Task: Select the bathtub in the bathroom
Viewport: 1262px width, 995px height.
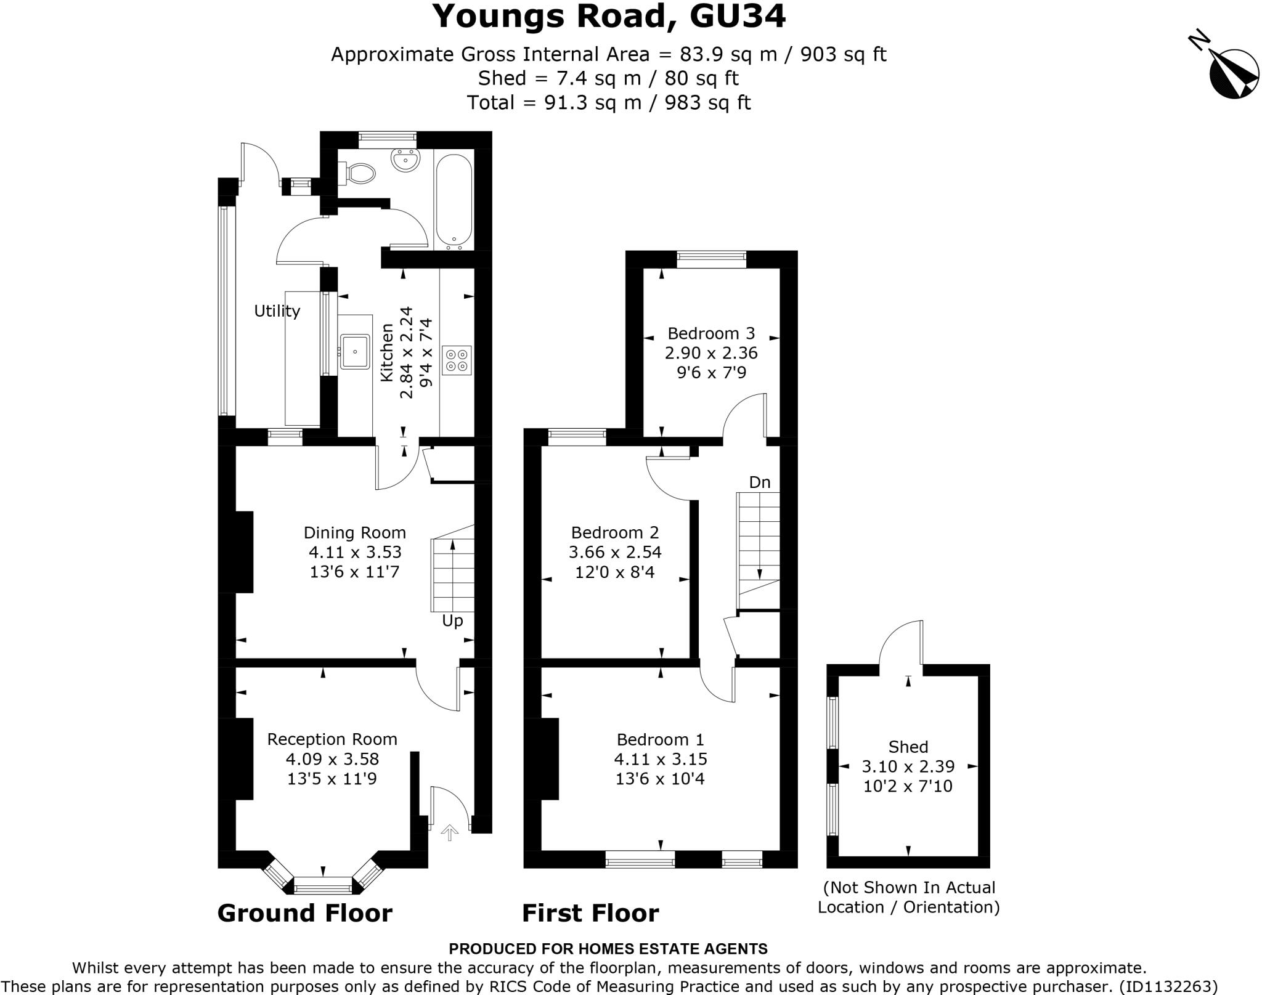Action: click(454, 200)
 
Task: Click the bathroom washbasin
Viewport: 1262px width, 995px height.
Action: click(405, 160)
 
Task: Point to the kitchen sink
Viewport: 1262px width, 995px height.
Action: click(355, 352)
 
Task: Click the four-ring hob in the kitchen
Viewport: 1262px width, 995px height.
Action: click(457, 360)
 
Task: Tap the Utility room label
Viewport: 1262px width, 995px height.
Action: click(277, 312)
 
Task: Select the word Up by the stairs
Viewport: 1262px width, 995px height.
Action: click(452, 621)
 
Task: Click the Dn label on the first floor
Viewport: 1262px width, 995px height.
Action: click(760, 482)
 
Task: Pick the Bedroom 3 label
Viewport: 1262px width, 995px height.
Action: click(711, 333)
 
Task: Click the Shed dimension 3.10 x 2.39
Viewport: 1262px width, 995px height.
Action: click(908, 766)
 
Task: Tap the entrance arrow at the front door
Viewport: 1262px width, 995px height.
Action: click(450, 832)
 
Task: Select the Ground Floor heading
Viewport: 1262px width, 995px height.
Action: click(304, 913)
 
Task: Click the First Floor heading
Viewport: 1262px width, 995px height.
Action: click(590, 913)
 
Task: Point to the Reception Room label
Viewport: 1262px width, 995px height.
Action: click(332, 739)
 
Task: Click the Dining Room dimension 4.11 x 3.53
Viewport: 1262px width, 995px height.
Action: click(354, 552)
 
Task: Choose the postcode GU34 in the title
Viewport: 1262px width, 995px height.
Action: click(738, 17)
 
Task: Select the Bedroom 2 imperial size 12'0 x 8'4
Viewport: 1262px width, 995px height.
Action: click(615, 572)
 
